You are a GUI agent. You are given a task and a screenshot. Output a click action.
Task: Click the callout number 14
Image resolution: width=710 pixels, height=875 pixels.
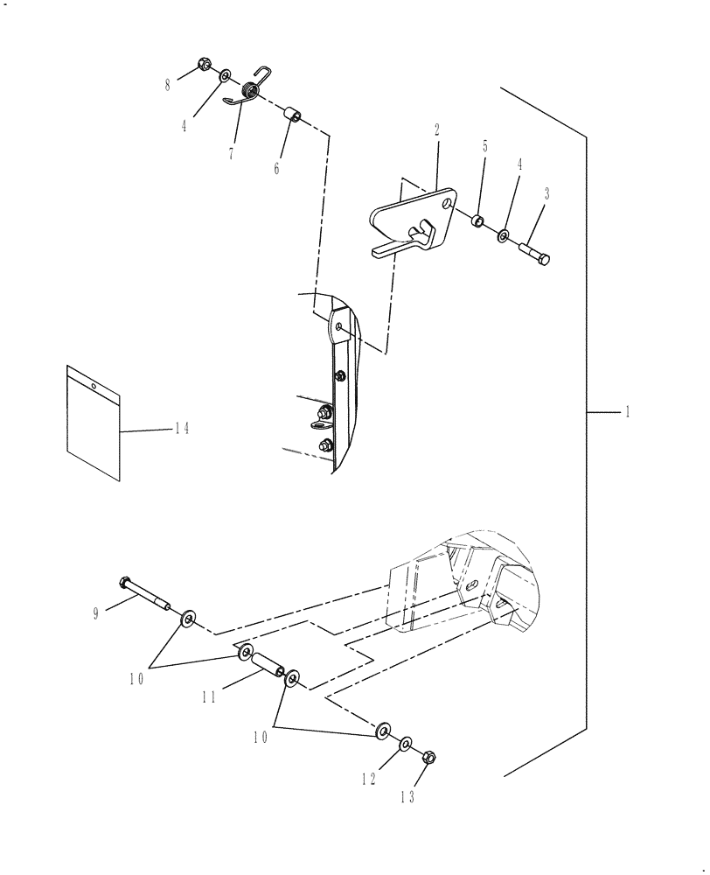pos(182,428)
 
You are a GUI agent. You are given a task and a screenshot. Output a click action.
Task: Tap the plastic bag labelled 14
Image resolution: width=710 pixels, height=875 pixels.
pos(93,422)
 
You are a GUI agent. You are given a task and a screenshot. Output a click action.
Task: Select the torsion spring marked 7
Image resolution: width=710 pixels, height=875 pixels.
pos(248,91)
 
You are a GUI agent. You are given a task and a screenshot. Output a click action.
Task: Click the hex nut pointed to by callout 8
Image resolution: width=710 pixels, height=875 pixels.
pos(202,65)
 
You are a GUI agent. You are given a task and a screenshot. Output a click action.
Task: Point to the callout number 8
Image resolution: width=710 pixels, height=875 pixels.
pos(168,84)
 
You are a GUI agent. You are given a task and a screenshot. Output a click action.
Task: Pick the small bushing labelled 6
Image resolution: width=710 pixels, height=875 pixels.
pos(294,116)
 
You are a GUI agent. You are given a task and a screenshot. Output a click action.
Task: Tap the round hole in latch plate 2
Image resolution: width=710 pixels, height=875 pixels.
pos(448,204)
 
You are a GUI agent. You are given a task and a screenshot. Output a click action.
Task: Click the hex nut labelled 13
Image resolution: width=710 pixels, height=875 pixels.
pos(428,757)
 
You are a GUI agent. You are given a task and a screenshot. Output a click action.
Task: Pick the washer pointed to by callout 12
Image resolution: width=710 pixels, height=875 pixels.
pos(407,744)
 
